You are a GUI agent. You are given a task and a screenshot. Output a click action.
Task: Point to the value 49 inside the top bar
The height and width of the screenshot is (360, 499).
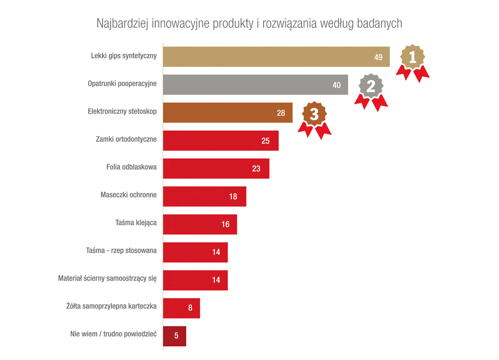378,57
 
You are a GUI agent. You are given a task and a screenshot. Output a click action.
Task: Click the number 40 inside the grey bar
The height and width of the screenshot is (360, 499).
336,85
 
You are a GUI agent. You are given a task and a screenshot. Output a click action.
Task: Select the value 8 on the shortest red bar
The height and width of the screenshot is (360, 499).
190,308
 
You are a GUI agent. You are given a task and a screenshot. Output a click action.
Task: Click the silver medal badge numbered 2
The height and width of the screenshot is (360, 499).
371,86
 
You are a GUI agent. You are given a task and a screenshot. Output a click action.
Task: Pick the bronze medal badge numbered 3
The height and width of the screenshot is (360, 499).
314,114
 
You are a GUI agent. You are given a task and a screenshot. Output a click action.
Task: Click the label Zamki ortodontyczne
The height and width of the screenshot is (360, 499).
126,139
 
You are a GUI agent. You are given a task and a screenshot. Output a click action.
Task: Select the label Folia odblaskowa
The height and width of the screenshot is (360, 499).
132,167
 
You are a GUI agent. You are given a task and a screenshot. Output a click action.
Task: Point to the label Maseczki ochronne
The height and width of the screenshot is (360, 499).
128,195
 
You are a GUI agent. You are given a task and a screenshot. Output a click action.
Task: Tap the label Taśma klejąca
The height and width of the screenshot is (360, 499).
136,223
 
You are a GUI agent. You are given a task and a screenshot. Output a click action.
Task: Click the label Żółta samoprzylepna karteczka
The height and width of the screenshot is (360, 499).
111,306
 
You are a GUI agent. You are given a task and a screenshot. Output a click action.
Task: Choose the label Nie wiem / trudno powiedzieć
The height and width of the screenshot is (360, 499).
113,334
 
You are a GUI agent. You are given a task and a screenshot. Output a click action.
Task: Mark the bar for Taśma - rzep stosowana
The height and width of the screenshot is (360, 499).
195,252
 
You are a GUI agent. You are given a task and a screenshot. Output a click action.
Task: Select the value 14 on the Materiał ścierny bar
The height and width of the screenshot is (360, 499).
216,280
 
